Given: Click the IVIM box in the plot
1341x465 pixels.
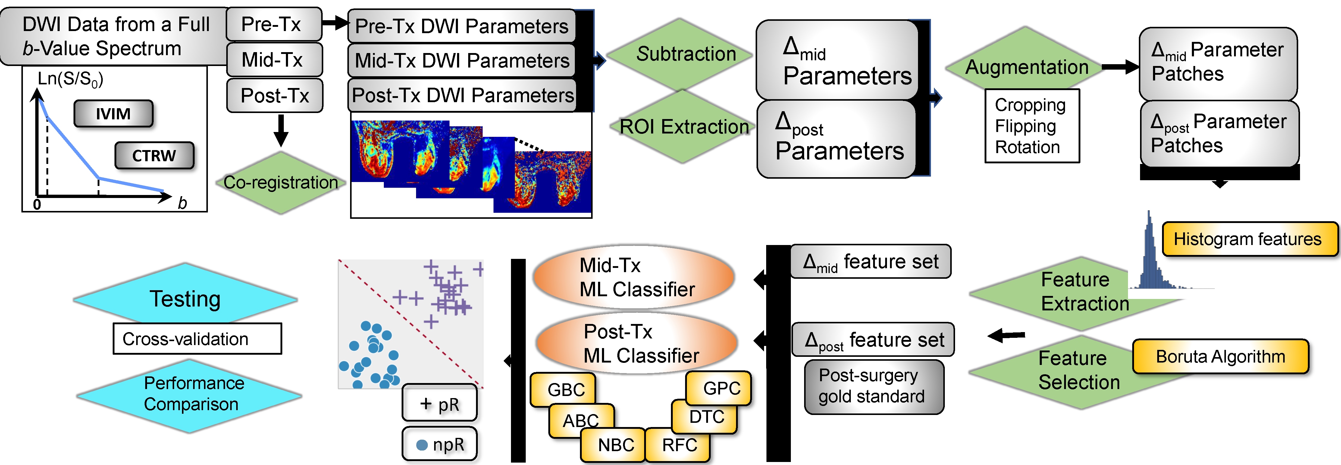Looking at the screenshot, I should (x=113, y=114).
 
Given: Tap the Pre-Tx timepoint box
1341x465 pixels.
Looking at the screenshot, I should (x=274, y=24).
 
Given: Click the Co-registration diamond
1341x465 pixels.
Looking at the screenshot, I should (x=280, y=182).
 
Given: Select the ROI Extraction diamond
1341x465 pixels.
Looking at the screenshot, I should (x=682, y=127).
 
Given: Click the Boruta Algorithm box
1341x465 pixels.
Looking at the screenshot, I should (x=1220, y=357).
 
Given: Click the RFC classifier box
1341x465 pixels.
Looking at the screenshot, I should (x=679, y=445).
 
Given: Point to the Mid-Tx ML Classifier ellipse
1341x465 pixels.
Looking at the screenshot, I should (x=634, y=277).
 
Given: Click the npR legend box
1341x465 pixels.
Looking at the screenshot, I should (x=439, y=444).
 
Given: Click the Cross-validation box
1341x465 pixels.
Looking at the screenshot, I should (x=197, y=339).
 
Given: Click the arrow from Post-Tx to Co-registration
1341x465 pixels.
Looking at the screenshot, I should (x=280, y=130).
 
